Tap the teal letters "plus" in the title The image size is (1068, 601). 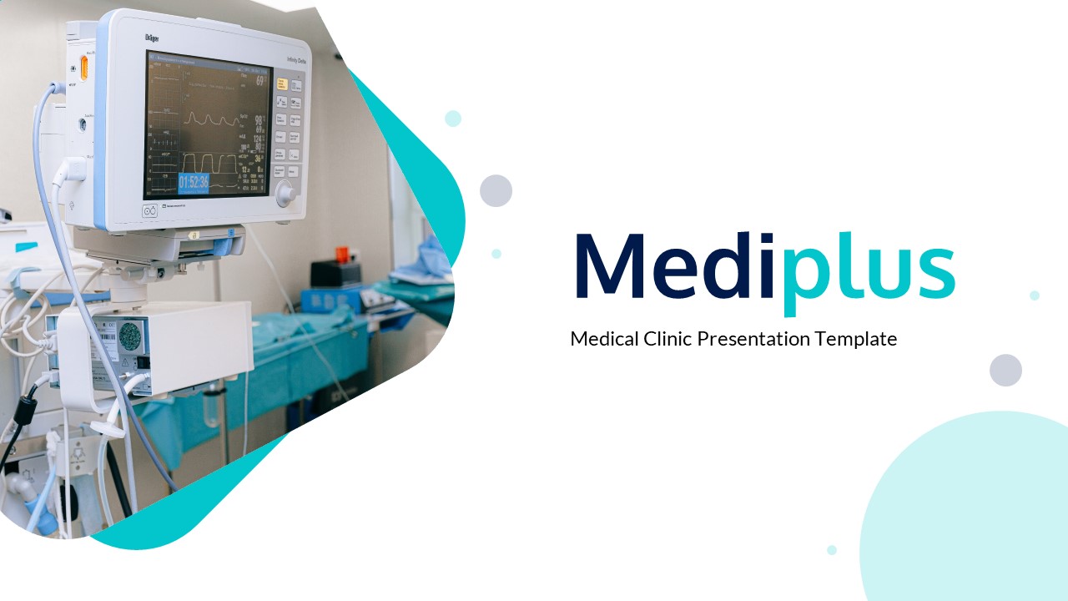(x=869, y=267)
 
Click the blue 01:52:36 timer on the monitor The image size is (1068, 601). (x=193, y=183)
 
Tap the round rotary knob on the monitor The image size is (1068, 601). (x=285, y=195)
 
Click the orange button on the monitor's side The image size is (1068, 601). (x=83, y=67)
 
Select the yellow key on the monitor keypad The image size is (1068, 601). (x=282, y=83)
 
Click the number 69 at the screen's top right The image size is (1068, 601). (x=260, y=81)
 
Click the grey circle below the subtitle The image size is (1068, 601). (x=1005, y=370)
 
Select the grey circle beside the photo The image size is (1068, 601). (x=496, y=191)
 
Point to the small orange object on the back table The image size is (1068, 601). (x=341, y=253)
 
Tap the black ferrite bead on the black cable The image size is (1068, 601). (x=25, y=411)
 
